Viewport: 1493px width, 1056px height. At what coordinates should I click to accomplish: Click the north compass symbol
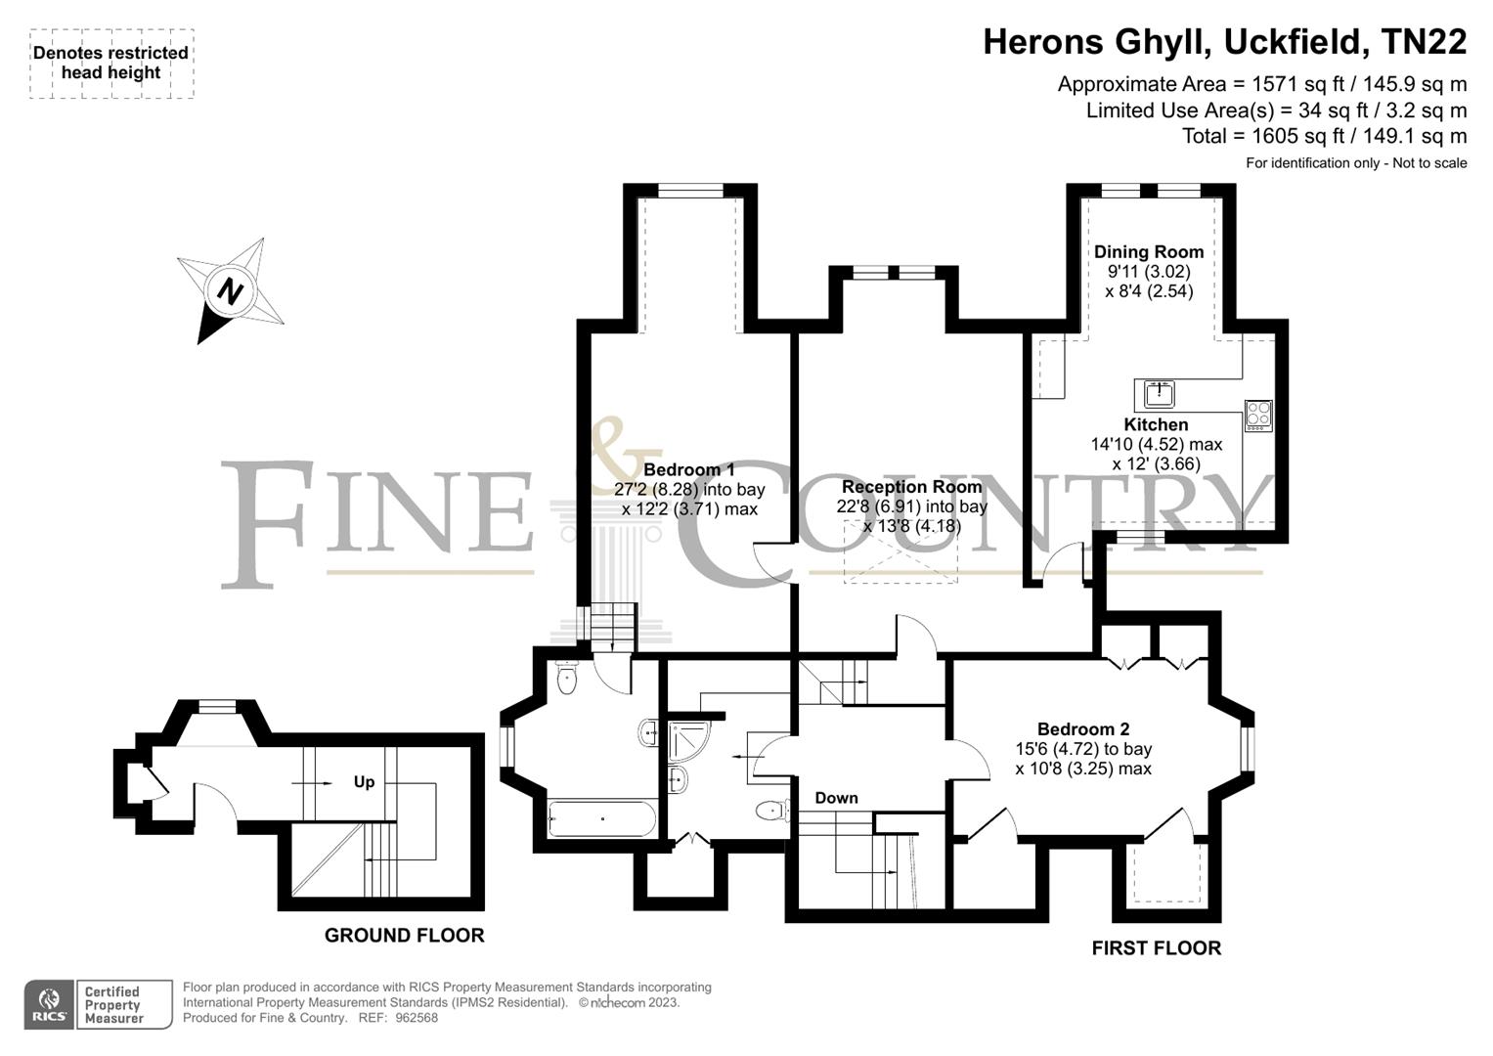(231, 290)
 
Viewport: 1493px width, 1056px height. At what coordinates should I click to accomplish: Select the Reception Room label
(911, 486)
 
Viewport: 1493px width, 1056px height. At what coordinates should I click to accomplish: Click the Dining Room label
(1148, 251)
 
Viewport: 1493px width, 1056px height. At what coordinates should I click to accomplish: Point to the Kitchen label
(1156, 424)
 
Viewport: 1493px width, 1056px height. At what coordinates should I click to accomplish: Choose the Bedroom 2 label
(1082, 728)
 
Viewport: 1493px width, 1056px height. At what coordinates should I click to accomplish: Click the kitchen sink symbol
(1160, 394)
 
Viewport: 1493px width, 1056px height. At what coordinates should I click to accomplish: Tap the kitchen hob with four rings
(1257, 416)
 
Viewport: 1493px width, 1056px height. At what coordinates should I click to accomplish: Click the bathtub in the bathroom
(601, 818)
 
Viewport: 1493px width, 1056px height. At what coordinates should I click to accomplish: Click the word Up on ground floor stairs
(364, 782)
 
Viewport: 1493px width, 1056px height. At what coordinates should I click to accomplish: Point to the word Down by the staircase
(836, 798)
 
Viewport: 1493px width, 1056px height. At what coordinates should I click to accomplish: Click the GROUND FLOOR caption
(404, 936)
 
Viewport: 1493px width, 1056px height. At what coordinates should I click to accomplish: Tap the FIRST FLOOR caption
(1156, 947)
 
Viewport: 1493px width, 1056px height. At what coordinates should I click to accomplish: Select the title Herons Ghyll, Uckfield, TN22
(1224, 42)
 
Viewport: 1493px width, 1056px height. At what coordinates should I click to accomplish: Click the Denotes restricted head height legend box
(110, 64)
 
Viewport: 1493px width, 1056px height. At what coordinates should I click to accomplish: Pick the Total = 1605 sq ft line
(1324, 136)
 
